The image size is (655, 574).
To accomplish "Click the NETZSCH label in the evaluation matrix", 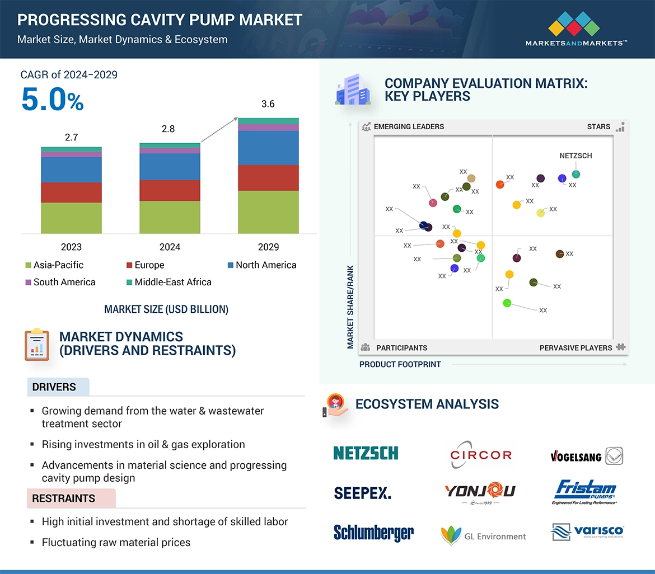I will click(x=576, y=156).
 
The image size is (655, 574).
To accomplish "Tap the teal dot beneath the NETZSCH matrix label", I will click(x=576, y=175).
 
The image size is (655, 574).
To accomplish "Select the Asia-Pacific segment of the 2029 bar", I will click(x=268, y=212).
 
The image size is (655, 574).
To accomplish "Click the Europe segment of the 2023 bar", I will click(x=71, y=192).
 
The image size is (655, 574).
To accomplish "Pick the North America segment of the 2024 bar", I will click(x=170, y=167).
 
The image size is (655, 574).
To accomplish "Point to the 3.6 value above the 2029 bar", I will click(x=268, y=104).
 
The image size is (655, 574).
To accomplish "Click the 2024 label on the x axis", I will click(x=170, y=247).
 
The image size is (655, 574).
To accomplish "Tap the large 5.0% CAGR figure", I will click(x=52, y=100).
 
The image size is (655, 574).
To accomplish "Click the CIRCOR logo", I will click(x=481, y=455).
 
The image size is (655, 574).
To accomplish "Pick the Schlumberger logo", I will click(x=373, y=533).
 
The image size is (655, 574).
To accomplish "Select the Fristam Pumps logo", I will click(x=585, y=492).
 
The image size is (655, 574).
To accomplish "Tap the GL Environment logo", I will click(x=484, y=536).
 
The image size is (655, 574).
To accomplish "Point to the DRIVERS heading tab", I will click(x=54, y=387).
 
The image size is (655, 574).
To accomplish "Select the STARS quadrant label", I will click(x=598, y=126).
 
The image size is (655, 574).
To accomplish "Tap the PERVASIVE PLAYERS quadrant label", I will click(x=576, y=348).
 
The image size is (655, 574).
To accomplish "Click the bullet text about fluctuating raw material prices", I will click(x=116, y=542).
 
